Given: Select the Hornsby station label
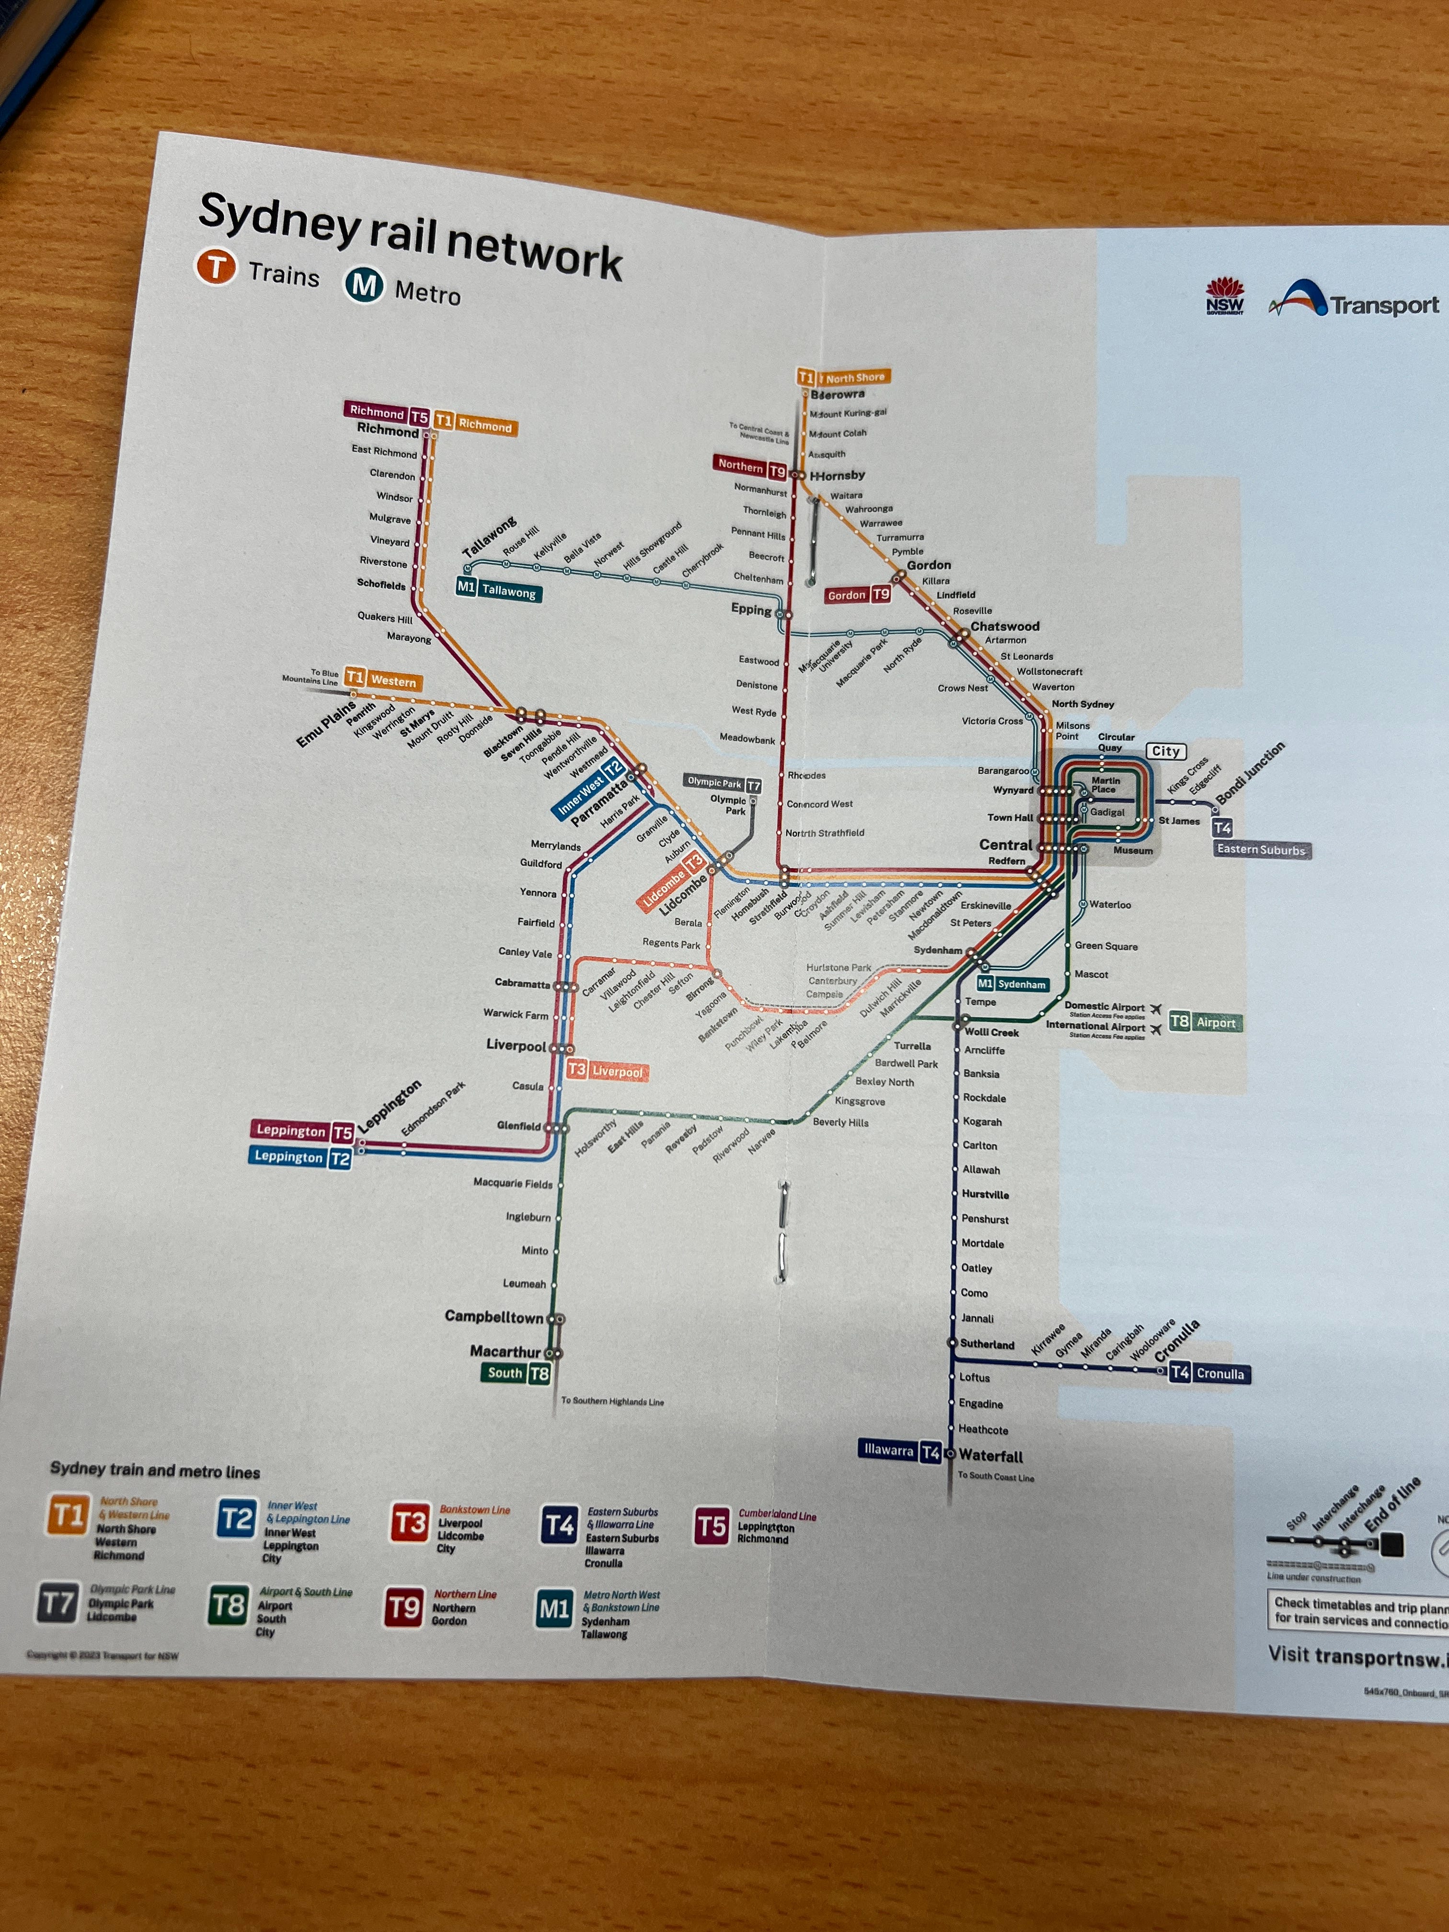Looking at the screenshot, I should tap(839, 475).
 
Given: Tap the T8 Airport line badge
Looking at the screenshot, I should tap(1205, 1022).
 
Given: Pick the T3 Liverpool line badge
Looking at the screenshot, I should tap(607, 1071).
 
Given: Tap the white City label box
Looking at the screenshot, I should tap(1165, 751).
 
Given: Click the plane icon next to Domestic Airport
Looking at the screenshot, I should tap(1156, 1009).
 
